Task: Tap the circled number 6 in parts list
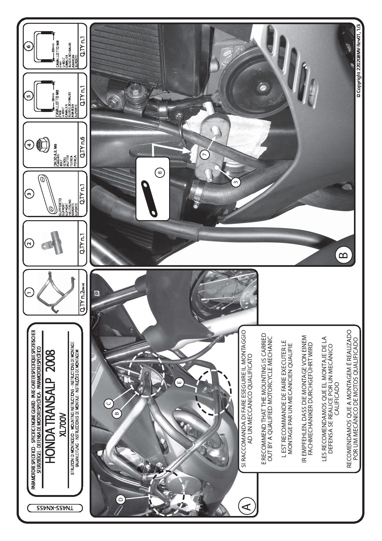pos(29,47)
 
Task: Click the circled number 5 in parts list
pos(29,96)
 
